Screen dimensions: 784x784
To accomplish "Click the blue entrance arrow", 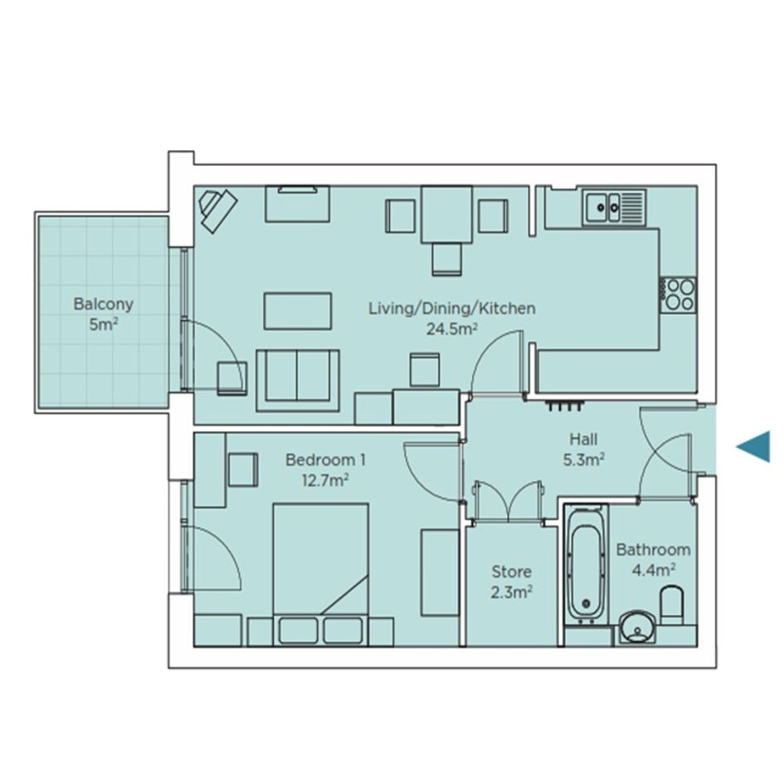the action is (753, 446).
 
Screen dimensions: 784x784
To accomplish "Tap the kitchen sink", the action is (614, 206).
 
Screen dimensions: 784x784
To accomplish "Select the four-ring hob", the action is (678, 295).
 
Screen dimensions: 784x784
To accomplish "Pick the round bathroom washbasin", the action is (637, 627).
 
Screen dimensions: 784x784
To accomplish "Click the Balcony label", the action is (104, 304).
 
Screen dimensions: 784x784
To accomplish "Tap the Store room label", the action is (511, 572).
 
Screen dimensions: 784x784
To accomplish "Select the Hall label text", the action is (583, 440).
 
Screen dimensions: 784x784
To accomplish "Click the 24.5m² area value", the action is (451, 329).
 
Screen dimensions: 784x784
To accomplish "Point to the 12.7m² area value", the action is (325, 480).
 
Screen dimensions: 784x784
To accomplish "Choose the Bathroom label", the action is (653, 549).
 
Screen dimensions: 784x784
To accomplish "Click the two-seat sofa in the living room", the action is (298, 381).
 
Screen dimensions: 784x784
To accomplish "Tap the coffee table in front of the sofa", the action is (298, 311).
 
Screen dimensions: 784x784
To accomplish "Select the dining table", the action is (446, 215).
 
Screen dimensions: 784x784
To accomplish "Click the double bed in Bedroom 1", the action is (320, 574).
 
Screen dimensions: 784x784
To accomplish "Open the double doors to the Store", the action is (508, 502).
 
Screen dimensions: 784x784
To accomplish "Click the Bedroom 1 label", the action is (325, 460).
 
